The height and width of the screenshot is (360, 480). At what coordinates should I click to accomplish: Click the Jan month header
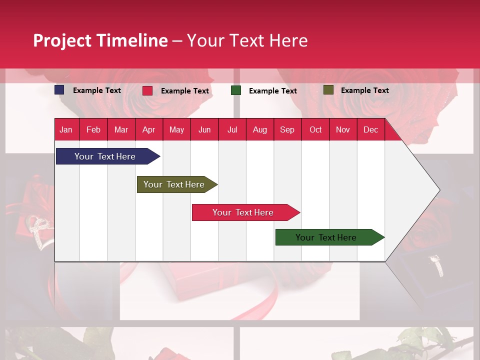pos(66,129)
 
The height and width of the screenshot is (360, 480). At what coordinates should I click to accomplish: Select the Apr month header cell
pos(149,129)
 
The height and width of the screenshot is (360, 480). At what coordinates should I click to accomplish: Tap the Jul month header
pos(232,129)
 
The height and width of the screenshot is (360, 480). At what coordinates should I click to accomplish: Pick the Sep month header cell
pos(287,129)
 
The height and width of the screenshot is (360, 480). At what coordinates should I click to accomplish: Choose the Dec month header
pos(370,129)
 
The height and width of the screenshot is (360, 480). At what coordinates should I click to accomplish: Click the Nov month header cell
pos(343,129)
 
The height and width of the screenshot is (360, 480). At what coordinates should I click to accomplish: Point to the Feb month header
pos(93,129)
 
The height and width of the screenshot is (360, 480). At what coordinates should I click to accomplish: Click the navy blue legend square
pos(59,90)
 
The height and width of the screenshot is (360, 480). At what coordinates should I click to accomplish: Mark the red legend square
pos(147,90)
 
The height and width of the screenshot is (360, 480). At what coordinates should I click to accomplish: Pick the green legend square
pos(236,90)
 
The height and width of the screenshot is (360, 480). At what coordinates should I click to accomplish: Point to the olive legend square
pos(328,90)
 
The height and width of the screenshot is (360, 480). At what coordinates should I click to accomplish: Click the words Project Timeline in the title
pos(100,40)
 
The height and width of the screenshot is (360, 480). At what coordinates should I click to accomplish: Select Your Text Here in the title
pos(247,40)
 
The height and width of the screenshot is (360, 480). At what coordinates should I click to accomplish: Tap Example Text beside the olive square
pos(364,90)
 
